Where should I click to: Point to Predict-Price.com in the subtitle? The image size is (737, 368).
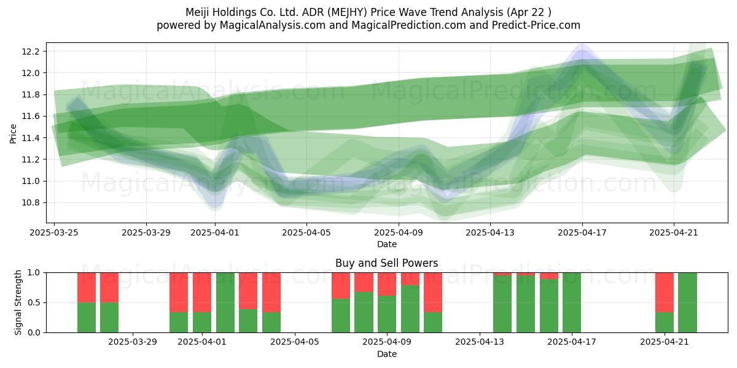[x=536, y=25]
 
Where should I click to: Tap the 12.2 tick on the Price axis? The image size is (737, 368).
[x=31, y=52]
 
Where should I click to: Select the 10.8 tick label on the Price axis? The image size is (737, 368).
[x=31, y=203]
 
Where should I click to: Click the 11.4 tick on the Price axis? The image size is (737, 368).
[x=31, y=138]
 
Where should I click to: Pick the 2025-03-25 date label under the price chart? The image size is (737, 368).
[x=54, y=232]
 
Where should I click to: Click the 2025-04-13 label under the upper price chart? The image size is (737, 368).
[x=490, y=232]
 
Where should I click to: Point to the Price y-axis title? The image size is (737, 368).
[x=13, y=134]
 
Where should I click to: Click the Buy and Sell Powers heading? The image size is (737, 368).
[x=386, y=263]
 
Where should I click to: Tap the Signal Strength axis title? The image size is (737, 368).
[x=18, y=302]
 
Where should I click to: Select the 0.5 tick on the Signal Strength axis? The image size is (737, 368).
[x=34, y=302]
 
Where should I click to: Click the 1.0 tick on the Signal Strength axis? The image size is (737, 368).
[x=34, y=273]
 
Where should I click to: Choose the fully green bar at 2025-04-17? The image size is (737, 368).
[x=572, y=302]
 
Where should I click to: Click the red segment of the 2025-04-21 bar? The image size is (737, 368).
[x=665, y=293]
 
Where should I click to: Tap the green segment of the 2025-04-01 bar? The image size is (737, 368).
[x=202, y=323]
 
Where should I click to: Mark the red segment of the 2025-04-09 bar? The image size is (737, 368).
[x=387, y=284]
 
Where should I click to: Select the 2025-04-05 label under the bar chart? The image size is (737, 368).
[x=295, y=342]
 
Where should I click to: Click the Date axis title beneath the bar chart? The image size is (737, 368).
[x=387, y=354]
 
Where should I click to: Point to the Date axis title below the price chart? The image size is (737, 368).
[x=387, y=244]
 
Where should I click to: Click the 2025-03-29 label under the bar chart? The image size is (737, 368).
[x=133, y=342]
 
